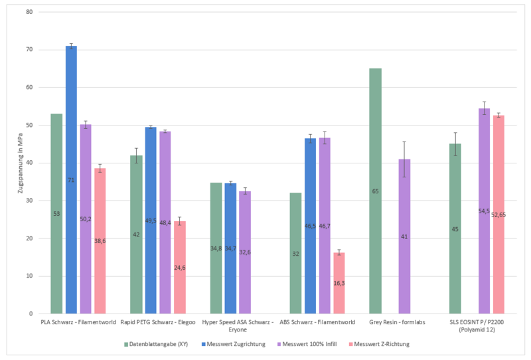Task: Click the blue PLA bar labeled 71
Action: coord(71,179)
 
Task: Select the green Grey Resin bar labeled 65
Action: coord(375,191)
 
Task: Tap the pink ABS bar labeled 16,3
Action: coord(339,283)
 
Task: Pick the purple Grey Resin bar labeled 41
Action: coord(404,236)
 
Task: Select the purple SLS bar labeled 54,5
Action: coord(485,211)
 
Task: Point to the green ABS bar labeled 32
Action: coord(295,253)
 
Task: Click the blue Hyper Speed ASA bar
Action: coord(230,248)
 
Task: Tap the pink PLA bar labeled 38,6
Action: coord(100,240)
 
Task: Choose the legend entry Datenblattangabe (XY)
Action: coord(153,343)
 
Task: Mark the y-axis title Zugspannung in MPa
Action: coord(21,163)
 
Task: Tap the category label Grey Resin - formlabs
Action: coord(397,322)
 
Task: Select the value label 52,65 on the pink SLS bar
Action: coord(498,215)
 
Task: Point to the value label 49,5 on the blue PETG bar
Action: coord(151,221)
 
